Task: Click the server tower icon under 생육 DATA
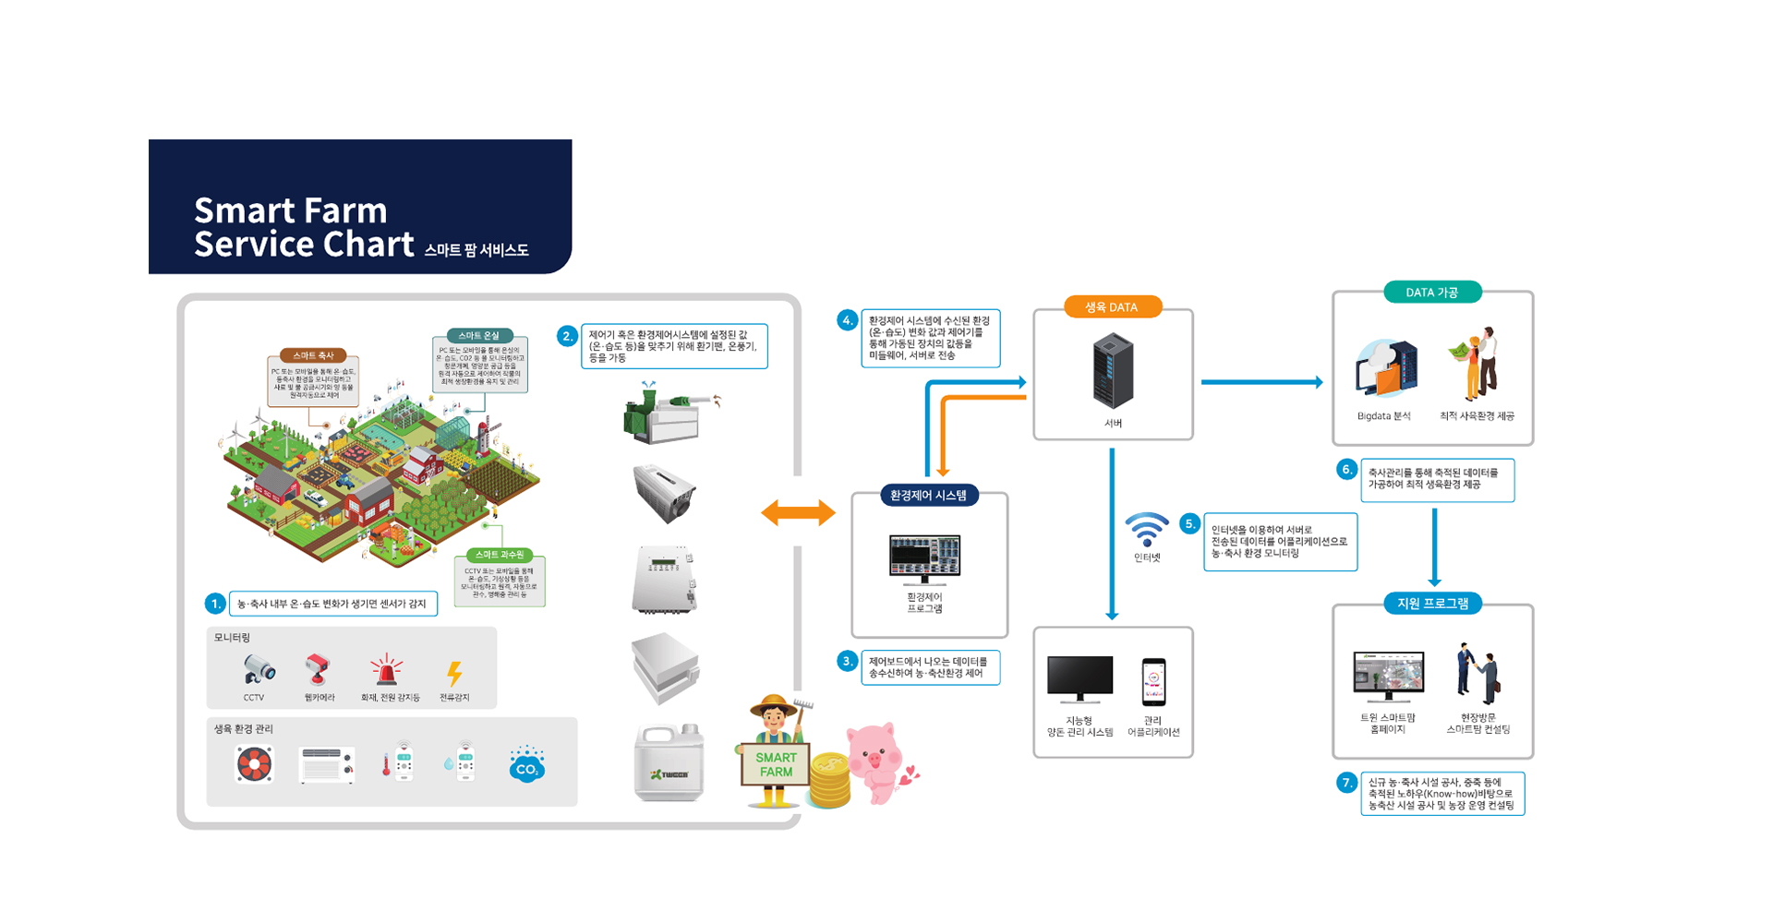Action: (1113, 372)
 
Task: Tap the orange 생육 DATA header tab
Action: (1111, 307)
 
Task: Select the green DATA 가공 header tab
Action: (1431, 293)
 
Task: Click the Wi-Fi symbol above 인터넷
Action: (1146, 530)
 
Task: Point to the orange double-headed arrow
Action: (798, 513)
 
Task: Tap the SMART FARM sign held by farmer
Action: (776, 764)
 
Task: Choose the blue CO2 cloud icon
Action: (526, 765)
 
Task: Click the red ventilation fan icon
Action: (254, 765)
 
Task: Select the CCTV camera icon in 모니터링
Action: (259, 669)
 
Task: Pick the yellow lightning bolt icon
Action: (454, 673)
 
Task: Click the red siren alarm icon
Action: (386, 670)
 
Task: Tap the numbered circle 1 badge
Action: (215, 604)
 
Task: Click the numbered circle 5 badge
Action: (1190, 524)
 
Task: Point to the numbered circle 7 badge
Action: (1347, 783)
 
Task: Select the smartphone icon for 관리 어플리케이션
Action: (1153, 683)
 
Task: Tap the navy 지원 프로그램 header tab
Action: (1432, 604)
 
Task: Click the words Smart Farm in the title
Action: (290, 210)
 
